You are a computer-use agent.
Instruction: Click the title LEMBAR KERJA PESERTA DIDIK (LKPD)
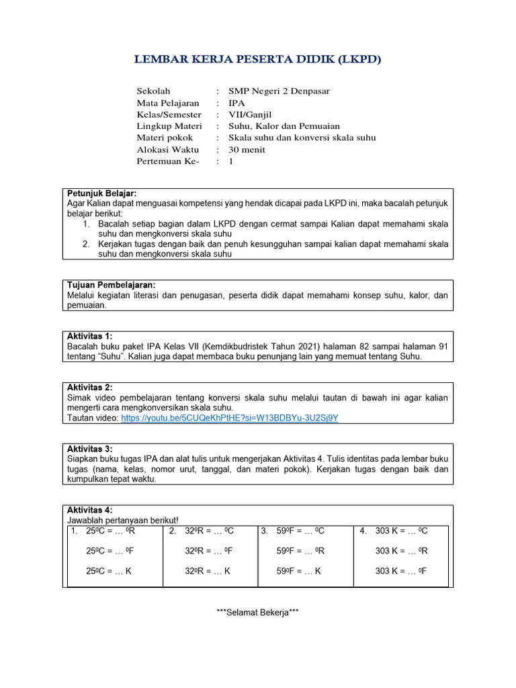(257, 60)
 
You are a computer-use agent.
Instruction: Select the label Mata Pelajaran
(168, 103)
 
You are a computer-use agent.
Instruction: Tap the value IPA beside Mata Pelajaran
(236, 103)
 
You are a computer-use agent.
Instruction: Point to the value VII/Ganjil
(253, 114)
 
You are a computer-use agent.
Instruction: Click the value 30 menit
(247, 149)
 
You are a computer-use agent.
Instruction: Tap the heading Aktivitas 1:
(90, 336)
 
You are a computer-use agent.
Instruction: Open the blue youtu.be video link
(230, 417)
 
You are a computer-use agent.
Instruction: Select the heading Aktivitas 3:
(90, 449)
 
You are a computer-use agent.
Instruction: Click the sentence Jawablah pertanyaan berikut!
(123, 520)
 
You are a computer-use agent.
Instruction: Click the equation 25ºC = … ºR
(111, 531)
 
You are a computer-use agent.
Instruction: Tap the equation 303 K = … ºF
(401, 571)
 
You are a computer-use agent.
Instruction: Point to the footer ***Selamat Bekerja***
(257, 612)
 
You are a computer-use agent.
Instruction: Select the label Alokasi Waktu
(167, 149)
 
